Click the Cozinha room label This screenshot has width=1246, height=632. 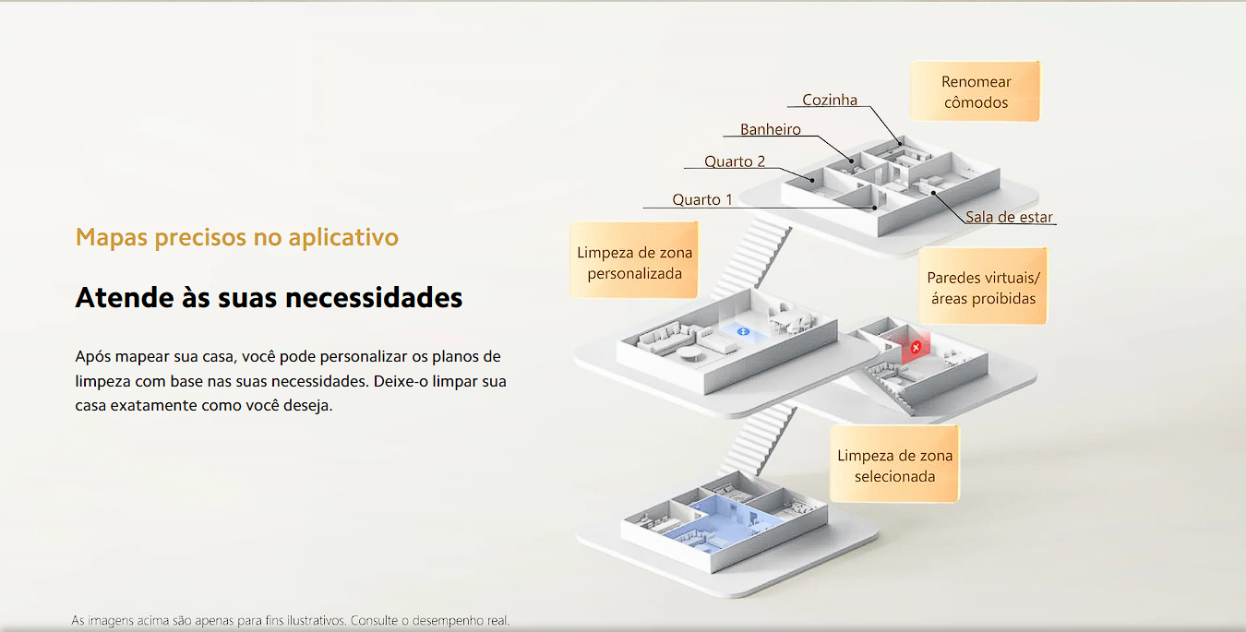click(830, 100)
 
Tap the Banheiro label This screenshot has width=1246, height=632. click(771, 129)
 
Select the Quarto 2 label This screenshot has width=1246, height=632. click(735, 161)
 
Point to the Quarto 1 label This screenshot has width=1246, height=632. click(702, 199)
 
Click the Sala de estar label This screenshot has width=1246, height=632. click(1009, 217)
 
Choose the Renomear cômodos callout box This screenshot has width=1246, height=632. click(975, 91)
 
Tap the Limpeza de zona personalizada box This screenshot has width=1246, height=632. click(634, 260)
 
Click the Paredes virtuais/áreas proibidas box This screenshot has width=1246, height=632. click(983, 286)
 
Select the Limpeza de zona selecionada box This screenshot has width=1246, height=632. click(894, 465)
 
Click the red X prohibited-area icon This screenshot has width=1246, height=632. click(916, 348)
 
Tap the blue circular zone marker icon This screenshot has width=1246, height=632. click(743, 332)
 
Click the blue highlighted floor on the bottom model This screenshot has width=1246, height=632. click(723, 525)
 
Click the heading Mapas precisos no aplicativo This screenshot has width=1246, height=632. click(237, 237)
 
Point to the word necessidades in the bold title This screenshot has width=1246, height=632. click(373, 297)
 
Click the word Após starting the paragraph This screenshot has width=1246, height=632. click(92, 357)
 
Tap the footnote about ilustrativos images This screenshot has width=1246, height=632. click(291, 620)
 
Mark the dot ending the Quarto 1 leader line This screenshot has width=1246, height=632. click(874, 208)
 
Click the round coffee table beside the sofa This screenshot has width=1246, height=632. click(689, 353)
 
